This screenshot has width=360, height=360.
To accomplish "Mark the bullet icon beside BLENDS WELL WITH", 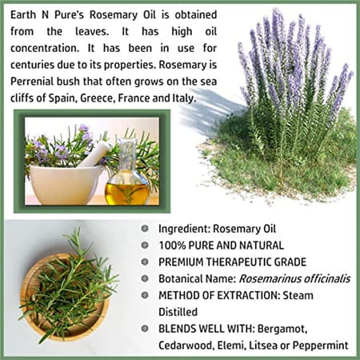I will (x=145, y=328).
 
